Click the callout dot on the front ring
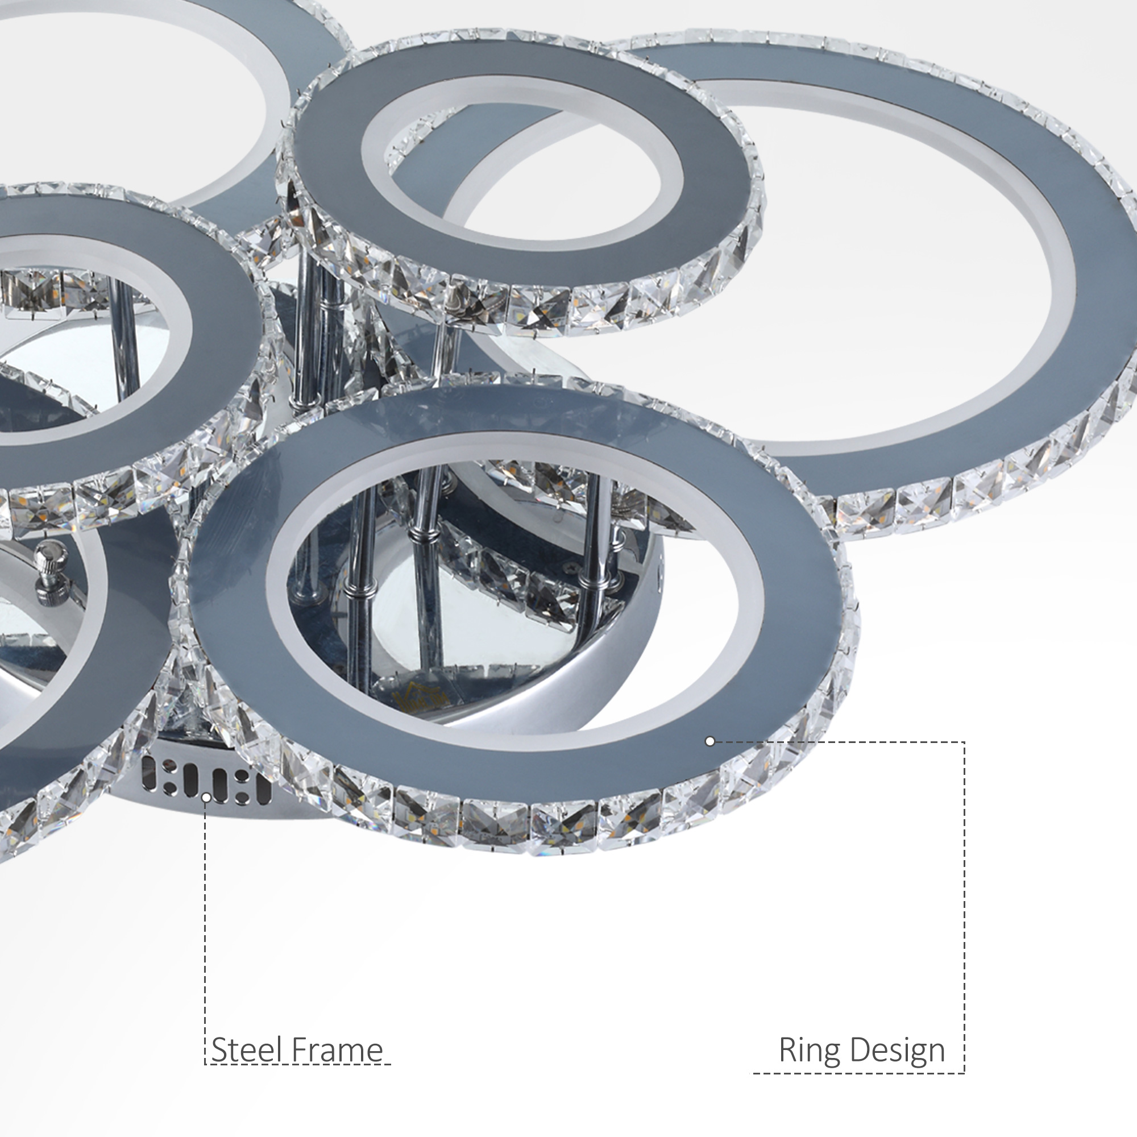[709, 741]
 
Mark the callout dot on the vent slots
[206, 798]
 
